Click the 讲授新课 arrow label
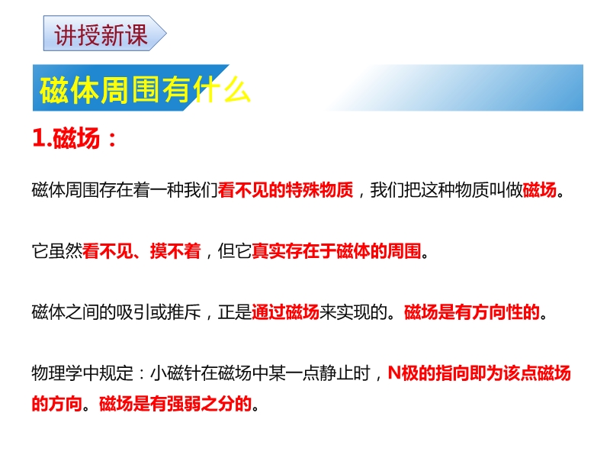(x=104, y=34)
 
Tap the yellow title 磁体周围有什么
(x=145, y=89)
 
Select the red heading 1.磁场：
(x=75, y=138)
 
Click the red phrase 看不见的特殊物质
(x=285, y=190)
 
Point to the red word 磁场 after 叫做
(x=540, y=190)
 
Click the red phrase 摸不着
(x=175, y=251)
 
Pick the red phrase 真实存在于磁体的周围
(x=336, y=251)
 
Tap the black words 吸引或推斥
(x=159, y=312)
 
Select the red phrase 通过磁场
(x=285, y=312)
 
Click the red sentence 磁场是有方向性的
(x=472, y=312)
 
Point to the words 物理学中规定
(x=82, y=373)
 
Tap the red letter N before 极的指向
(x=394, y=373)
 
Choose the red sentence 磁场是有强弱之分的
(x=175, y=404)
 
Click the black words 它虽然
(x=57, y=251)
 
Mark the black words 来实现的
(x=353, y=312)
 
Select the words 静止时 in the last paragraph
(x=345, y=373)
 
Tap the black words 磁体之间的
(x=74, y=312)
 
